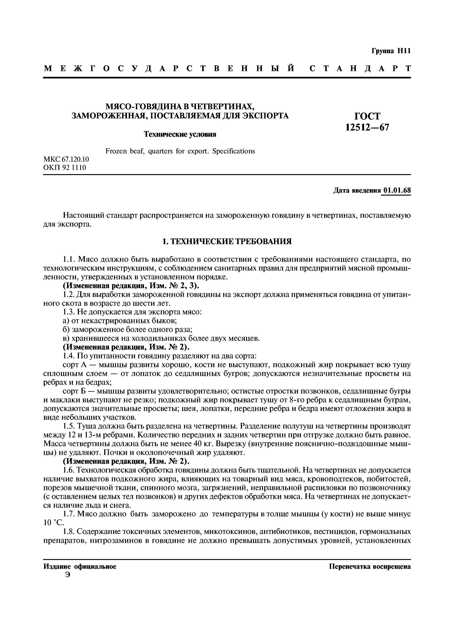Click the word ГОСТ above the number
click(367, 116)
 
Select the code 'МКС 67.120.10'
click(66, 159)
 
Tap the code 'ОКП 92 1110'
click(65, 168)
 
